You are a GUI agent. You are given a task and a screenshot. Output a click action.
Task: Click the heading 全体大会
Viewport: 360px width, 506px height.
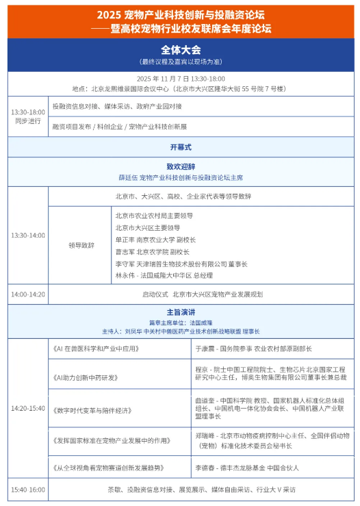pos(181,50)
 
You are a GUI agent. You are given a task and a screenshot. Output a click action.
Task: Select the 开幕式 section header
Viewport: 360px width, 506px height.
pos(181,147)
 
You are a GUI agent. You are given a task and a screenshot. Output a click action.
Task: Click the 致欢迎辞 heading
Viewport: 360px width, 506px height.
pos(181,166)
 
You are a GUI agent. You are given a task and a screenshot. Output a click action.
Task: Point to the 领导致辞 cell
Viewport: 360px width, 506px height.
pos(81,244)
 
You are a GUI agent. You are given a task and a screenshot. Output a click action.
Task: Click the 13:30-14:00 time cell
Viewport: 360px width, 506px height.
pos(28,236)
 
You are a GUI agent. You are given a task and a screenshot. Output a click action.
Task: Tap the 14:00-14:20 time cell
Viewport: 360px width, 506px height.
pos(28,294)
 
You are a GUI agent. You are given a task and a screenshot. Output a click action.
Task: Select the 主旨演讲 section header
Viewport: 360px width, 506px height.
pos(181,312)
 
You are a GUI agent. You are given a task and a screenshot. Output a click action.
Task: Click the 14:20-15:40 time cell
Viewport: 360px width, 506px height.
pos(28,409)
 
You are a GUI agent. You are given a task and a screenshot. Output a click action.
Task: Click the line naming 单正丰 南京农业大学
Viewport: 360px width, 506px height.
pos(155,240)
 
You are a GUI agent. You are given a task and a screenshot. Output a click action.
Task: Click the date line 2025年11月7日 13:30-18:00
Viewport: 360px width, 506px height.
pos(181,79)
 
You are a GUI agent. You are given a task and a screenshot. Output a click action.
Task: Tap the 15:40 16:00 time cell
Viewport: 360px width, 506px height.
pos(28,490)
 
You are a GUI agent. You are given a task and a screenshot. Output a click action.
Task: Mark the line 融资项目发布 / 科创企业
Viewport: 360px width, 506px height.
pos(119,127)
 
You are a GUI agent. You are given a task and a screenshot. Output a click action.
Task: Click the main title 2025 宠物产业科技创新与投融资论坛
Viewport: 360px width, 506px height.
pos(181,14)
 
